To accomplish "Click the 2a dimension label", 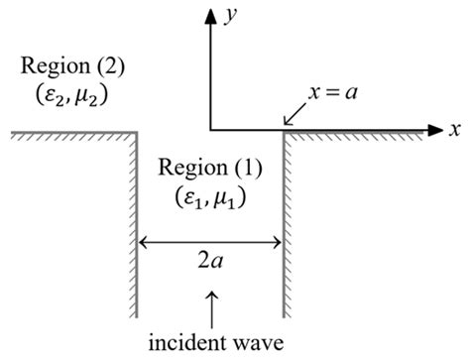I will [209, 265].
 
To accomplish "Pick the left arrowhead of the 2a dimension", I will [142, 241].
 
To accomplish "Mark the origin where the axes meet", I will [210, 130].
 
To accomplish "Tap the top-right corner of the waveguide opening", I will [284, 131].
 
